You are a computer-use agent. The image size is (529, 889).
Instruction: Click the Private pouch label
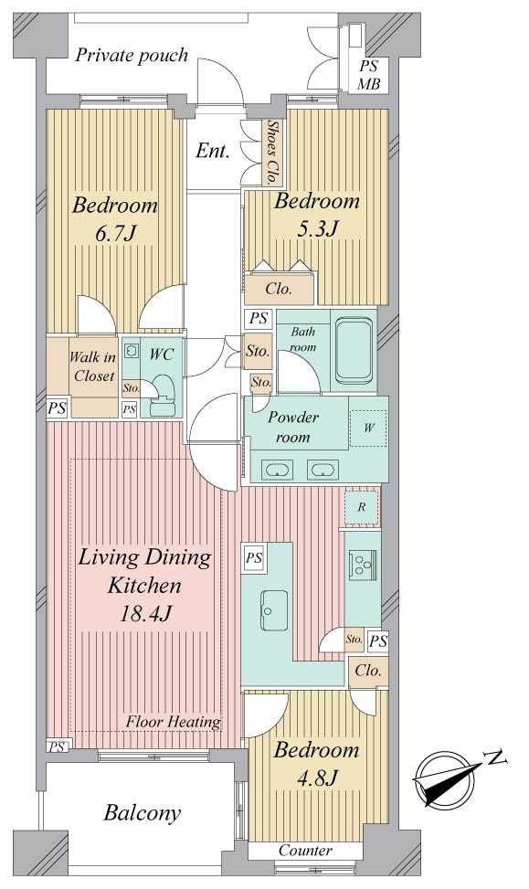click(132, 56)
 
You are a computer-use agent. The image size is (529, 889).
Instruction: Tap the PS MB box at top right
click(368, 76)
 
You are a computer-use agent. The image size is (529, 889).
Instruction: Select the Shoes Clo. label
click(273, 152)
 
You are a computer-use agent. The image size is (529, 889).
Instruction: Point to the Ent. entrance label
click(213, 151)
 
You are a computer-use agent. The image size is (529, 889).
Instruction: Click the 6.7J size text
click(115, 233)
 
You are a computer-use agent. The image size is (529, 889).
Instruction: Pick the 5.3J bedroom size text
click(318, 228)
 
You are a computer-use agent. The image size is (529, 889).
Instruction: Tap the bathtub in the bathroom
click(354, 351)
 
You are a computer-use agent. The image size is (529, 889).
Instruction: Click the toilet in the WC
click(164, 396)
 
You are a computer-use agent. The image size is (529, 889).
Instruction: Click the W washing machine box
click(368, 429)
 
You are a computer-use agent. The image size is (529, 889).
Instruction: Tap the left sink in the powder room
click(277, 470)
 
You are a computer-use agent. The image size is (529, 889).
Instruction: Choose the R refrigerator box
click(362, 507)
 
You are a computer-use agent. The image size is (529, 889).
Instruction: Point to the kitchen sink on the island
click(274, 610)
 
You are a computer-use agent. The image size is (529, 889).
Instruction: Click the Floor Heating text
click(173, 722)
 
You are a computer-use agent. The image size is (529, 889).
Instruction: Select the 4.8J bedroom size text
click(317, 778)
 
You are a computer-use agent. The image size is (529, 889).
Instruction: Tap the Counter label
click(305, 851)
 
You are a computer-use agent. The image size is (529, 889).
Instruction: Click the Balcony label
click(143, 813)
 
